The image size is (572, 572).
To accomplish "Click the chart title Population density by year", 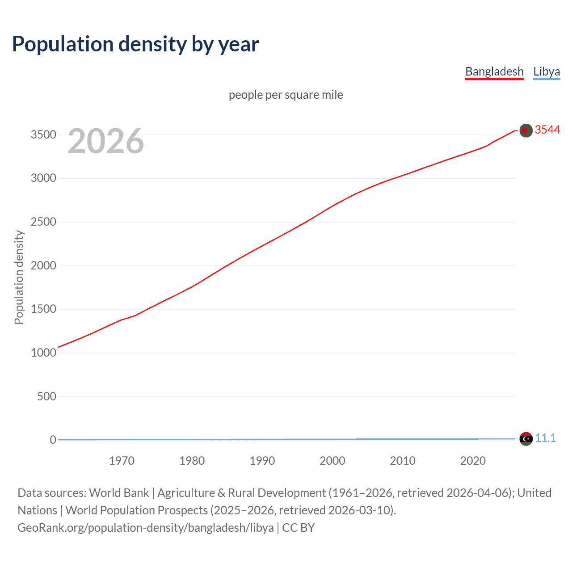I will coord(135,44).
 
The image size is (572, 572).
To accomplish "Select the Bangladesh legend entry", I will coord(494,71).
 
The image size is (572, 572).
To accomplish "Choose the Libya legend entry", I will coord(547,71).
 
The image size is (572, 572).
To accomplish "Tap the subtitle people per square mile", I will coord(286,95).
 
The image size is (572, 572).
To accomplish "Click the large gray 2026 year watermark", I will coord(106,141).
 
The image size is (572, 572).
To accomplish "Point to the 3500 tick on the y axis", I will coord(43,135).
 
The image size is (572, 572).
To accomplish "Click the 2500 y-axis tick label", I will coord(43,222).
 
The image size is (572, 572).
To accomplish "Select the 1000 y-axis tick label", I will coord(43,353).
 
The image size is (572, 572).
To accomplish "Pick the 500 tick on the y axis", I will coord(46,396).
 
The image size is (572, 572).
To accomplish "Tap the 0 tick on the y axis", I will coord(53,440).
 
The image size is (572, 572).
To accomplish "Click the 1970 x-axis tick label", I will coord(122,461).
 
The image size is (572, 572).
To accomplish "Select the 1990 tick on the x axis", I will coord(262,461).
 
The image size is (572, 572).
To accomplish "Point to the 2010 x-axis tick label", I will coord(403,461).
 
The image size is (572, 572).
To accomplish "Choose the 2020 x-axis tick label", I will coord(473,461).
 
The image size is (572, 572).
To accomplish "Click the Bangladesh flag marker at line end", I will coord(526,130).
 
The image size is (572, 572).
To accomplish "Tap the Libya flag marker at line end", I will coord(526,439).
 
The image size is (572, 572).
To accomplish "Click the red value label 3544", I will coord(547,130).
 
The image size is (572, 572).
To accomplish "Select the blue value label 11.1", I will coord(546,438).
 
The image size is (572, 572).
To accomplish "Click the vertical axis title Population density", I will coord(19,277).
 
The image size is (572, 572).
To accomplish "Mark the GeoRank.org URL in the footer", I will coord(145,528).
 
